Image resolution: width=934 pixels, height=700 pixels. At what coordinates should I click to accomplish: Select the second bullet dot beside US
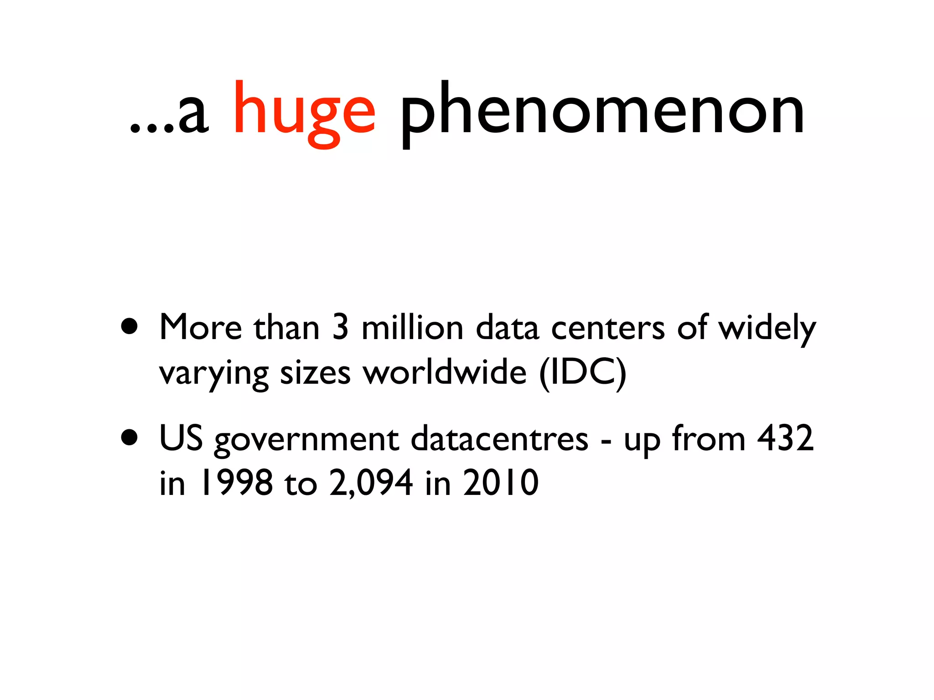point(130,437)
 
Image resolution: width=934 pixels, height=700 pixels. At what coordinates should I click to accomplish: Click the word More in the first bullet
point(201,327)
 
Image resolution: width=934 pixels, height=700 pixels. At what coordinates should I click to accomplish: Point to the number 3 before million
point(340,327)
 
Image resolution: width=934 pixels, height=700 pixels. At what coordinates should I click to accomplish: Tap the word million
point(412,327)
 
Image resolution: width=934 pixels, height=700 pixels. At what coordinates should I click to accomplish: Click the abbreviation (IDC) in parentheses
point(582,373)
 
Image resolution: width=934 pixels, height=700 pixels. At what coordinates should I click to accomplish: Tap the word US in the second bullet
point(181,438)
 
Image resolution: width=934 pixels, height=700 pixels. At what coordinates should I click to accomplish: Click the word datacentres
point(499,438)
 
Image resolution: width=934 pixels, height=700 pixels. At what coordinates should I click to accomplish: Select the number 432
point(785,438)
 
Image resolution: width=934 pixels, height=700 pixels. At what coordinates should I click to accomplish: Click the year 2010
point(501,483)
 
